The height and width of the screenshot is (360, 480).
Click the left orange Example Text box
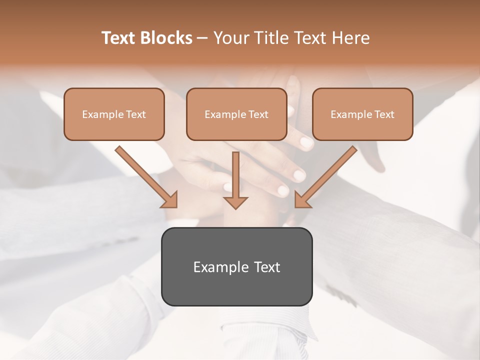(114, 114)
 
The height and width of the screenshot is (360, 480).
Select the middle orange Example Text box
(236, 114)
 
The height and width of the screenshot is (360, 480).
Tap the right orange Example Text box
(362, 114)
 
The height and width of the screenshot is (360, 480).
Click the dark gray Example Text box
(236, 266)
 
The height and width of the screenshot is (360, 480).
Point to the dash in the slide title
(202, 38)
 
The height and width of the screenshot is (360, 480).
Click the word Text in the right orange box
(384, 114)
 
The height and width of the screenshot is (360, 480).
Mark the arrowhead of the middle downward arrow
(235, 202)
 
